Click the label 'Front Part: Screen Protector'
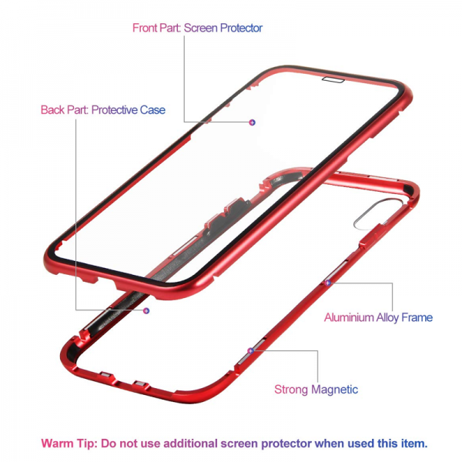tap(197, 28)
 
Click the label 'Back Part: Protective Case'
tap(102, 110)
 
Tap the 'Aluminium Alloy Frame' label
tap(378, 317)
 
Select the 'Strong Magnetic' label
tap(316, 390)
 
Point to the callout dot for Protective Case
tap(146, 310)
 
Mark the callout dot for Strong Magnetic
tap(250, 350)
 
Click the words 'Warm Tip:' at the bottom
tap(67, 444)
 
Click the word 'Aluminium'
tap(349, 317)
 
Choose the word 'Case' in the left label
tap(152, 110)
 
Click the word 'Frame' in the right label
tap(417, 317)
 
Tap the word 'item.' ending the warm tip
tap(411, 444)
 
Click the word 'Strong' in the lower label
tap(292, 390)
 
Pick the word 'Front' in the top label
tap(146, 28)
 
